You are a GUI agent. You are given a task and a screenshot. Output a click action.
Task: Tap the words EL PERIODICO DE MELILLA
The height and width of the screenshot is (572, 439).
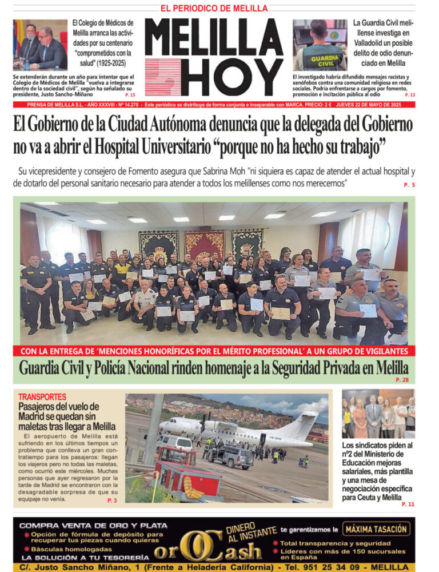(214, 9)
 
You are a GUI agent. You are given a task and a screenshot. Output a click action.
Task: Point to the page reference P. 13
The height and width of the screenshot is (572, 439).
(409, 94)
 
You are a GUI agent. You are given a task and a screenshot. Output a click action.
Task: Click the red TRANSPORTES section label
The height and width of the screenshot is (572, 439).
(42, 396)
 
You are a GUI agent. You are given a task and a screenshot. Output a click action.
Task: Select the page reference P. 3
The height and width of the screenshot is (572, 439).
(112, 500)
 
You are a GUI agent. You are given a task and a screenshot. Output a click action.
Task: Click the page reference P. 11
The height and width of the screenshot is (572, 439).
(408, 504)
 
